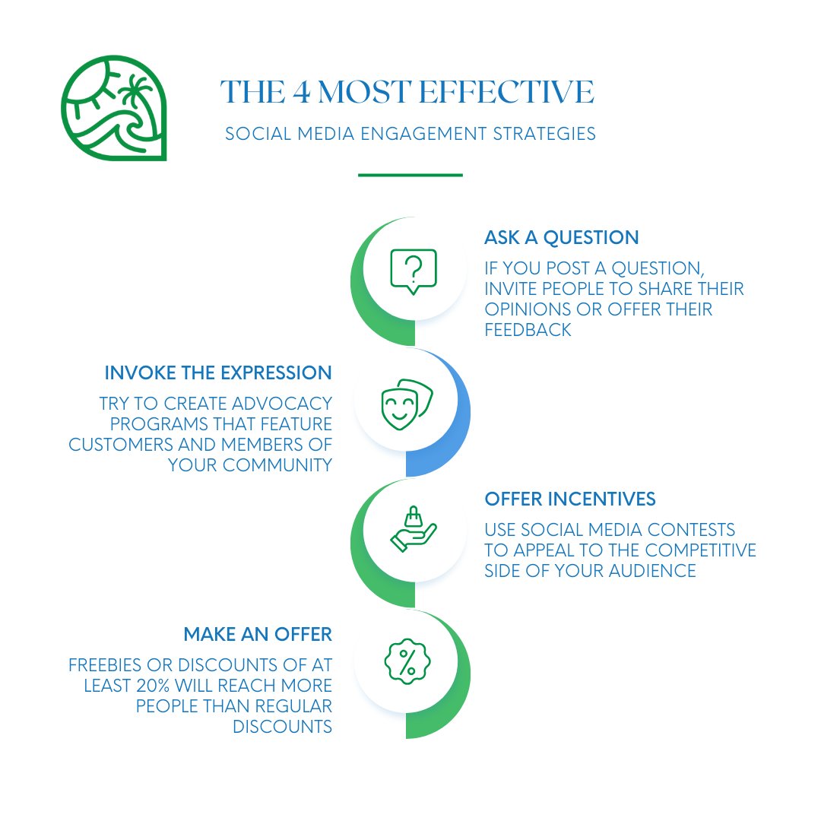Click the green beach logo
point(113,107)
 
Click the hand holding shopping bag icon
point(413,531)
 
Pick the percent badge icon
point(407,661)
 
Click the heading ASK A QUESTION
point(561,238)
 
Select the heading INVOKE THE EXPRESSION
point(218,373)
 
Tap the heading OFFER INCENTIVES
point(570,499)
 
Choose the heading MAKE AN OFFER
point(258,634)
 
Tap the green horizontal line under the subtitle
point(410,175)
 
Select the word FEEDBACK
point(528,330)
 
